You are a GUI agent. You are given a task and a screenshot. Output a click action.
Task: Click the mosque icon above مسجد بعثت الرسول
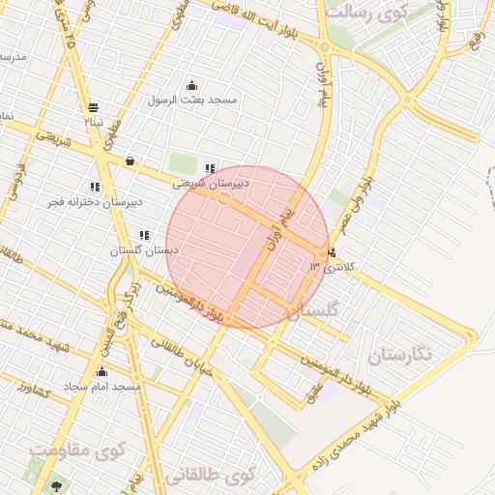(191, 85)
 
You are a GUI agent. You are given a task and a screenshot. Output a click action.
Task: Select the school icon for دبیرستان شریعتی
(211, 167)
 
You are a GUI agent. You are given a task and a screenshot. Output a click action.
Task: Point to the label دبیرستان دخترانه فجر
(95, 201)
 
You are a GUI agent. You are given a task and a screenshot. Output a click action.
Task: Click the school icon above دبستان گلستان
(143, 235)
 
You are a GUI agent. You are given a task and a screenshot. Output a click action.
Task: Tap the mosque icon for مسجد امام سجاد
(102, 372)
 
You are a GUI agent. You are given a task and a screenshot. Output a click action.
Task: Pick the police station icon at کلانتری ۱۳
(334, 253)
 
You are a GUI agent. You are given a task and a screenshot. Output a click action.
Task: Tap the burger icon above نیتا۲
(93, 107)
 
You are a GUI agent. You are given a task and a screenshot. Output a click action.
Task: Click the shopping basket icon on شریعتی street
(130, 160)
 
